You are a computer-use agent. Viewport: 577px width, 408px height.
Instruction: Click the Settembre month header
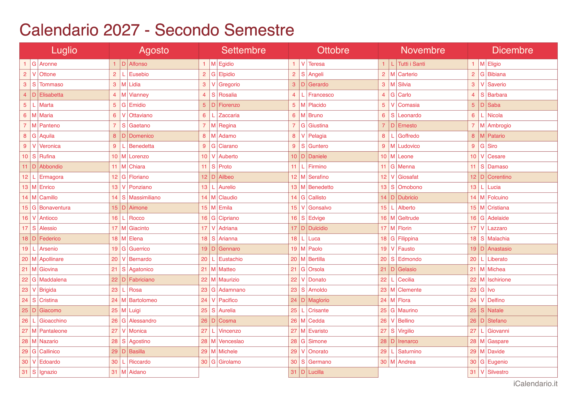click(x=243, y=50)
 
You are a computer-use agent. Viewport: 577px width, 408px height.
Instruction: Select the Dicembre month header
click(x=512, y=50)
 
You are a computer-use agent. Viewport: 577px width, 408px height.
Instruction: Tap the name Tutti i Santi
click(x=411, y=64)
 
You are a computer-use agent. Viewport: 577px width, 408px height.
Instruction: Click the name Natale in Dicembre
click(x=495, y=311)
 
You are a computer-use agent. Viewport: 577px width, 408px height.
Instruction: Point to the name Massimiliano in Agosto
click(x=145, y=198)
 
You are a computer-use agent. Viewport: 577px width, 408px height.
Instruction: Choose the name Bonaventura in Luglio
click(x=55, y=208)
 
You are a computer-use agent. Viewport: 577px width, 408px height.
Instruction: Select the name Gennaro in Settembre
click(x=229, y=249)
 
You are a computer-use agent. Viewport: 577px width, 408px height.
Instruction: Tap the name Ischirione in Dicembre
click(x=499, y=280)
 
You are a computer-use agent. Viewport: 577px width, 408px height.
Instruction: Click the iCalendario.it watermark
click(x=535, y=384)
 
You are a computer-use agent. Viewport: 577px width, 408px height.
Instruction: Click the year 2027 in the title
click(x=121, y=30)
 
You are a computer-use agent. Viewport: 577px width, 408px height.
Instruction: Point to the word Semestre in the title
click(x=259, y=30)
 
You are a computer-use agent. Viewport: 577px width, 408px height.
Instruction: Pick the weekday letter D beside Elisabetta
click(x=34, y=95)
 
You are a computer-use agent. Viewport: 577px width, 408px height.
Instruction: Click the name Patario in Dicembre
click(x=496, y=136)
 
